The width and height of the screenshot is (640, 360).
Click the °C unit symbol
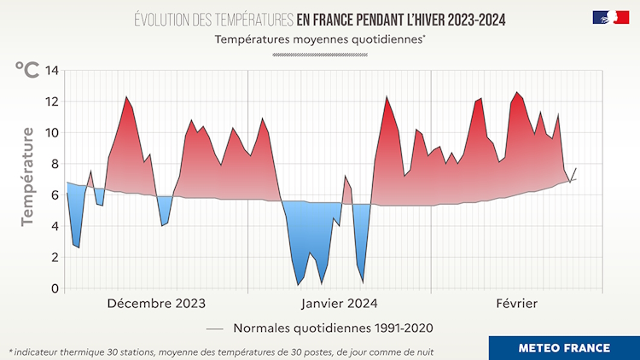(26, 70)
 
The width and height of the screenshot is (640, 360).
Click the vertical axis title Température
(28, 176)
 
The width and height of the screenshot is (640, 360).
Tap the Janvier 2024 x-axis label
(339, 304)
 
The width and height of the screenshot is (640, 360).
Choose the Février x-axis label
(517, 304)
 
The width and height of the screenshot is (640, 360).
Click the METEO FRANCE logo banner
(564, 347)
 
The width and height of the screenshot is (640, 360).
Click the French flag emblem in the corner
(610, 17)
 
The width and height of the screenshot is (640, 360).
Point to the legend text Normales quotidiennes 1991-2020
(334, 328)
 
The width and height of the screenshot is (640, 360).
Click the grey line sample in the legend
(215, 328)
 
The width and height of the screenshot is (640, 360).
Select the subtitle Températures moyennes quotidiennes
(320, 39)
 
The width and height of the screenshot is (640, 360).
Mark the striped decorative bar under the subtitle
(320, 55)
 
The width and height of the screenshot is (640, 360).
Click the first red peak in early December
(126, 97)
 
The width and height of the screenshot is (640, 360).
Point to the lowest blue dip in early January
(299, 284)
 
